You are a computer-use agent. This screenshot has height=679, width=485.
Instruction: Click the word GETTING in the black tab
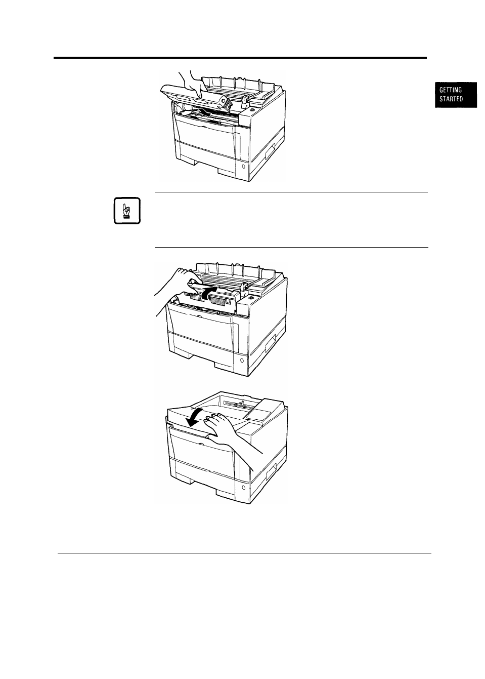point(451,90)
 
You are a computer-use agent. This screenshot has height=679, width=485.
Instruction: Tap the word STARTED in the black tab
point(451,99)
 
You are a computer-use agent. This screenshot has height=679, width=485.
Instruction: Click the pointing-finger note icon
point(127,211)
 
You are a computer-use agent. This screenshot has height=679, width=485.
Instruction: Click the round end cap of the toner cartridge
point(227,103)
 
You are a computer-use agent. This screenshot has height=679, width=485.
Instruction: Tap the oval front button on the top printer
point(244,167)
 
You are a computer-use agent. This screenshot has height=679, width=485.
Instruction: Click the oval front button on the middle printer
point(241,361)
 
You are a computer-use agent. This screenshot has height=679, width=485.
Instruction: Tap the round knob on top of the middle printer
point(251,299)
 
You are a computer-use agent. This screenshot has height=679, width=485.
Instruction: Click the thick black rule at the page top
point(240,58)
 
